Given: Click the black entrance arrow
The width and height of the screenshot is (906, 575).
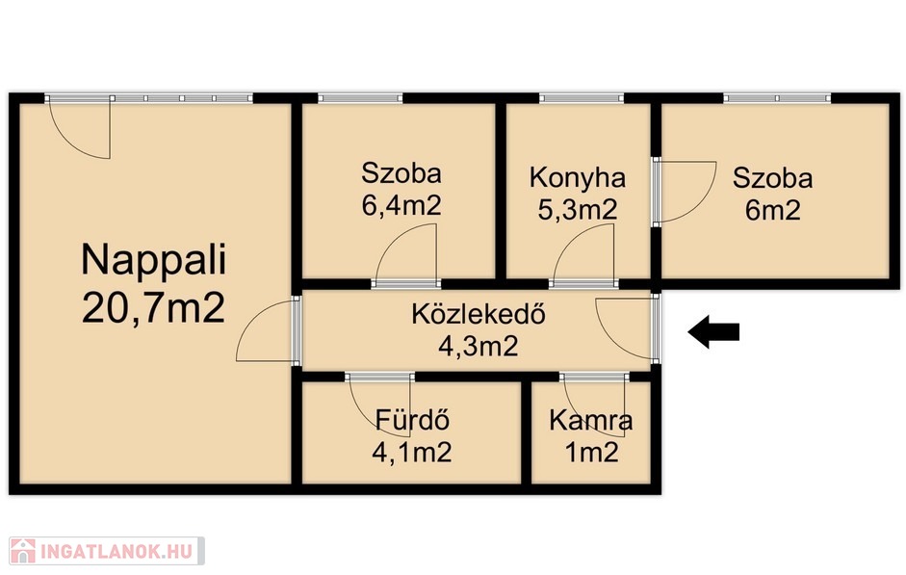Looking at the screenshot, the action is click(713, 331).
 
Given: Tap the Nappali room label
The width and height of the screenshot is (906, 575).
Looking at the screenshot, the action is click(154, 261).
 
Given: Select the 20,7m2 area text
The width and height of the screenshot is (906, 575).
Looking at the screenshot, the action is click(154, 308).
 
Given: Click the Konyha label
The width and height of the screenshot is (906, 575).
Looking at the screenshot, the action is click(578, 178).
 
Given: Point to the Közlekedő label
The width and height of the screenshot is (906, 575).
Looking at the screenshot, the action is click(479, 315).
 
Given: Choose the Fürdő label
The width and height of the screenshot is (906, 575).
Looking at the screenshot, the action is click(412, 420).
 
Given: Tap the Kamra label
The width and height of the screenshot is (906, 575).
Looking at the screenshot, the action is click(590, 421).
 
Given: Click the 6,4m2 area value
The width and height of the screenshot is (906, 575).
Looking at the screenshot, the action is click(401, 205).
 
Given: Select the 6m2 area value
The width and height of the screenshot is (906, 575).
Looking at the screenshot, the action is click(772, 210).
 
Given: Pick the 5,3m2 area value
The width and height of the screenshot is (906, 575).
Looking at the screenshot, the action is click(578, 209).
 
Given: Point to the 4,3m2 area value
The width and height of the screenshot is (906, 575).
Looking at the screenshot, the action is click(479, 347).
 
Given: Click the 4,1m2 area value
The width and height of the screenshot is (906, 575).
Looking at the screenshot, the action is click(412, 452).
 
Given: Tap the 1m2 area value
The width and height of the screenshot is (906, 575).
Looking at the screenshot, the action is click(591, 452).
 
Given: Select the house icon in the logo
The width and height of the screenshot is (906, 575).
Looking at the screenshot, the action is click(23, 551).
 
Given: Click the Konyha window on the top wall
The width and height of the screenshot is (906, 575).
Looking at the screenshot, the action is click(582, 98).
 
